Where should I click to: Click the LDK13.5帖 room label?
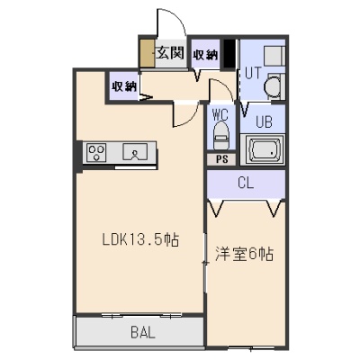140,239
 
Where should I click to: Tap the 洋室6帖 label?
244,255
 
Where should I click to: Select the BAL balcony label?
143,332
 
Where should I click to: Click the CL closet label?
246,183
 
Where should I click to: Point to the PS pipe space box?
222,159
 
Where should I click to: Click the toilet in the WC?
221,136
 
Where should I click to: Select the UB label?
264,122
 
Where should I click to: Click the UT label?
254,73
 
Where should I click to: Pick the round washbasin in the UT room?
274,87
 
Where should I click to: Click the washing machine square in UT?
274,56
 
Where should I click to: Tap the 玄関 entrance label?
170,53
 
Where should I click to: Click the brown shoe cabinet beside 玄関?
148,53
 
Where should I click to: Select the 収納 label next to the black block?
205,55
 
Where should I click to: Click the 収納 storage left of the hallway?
124,86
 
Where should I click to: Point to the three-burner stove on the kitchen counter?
96,152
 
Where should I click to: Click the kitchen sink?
135,152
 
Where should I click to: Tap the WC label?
220,114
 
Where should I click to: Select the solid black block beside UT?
229,54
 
